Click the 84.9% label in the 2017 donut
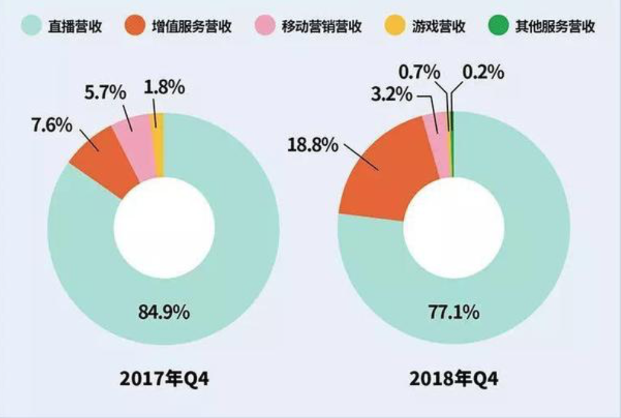tap(163, 313)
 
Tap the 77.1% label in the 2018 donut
tap(453, 313)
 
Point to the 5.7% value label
tap(105, 93)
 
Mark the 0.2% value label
tap(484, 73)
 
